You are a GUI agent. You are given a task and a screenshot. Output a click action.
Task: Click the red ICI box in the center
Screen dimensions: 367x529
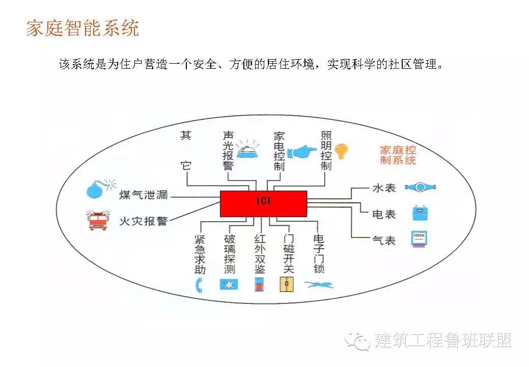(263, 203)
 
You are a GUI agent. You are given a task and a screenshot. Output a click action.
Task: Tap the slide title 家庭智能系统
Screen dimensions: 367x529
(82, 28)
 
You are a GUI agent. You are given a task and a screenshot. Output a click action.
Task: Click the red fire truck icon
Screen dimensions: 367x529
(97, 220)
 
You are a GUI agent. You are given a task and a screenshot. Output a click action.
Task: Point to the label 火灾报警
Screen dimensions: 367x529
(143, 221)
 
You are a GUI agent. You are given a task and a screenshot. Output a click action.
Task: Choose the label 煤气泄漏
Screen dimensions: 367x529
(143, 195)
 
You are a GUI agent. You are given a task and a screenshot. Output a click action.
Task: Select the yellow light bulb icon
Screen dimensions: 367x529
(341, 151)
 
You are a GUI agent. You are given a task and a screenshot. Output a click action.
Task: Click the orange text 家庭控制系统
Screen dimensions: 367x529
(398, 155)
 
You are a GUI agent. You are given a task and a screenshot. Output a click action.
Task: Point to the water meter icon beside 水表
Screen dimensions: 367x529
(420, 187)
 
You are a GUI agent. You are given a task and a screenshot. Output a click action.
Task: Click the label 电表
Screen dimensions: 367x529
(384, 215)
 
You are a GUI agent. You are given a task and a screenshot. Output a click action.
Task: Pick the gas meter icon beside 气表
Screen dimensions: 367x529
(420, 239)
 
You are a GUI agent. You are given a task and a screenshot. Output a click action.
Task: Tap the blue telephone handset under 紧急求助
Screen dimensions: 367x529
(199, 285)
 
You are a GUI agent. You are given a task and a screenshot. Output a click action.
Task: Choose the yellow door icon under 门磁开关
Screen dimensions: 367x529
(287, 284)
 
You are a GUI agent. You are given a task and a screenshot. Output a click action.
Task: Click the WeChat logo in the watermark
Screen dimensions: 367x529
(357, 340)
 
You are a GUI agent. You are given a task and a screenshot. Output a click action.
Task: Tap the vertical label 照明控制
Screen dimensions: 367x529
(326, 151)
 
